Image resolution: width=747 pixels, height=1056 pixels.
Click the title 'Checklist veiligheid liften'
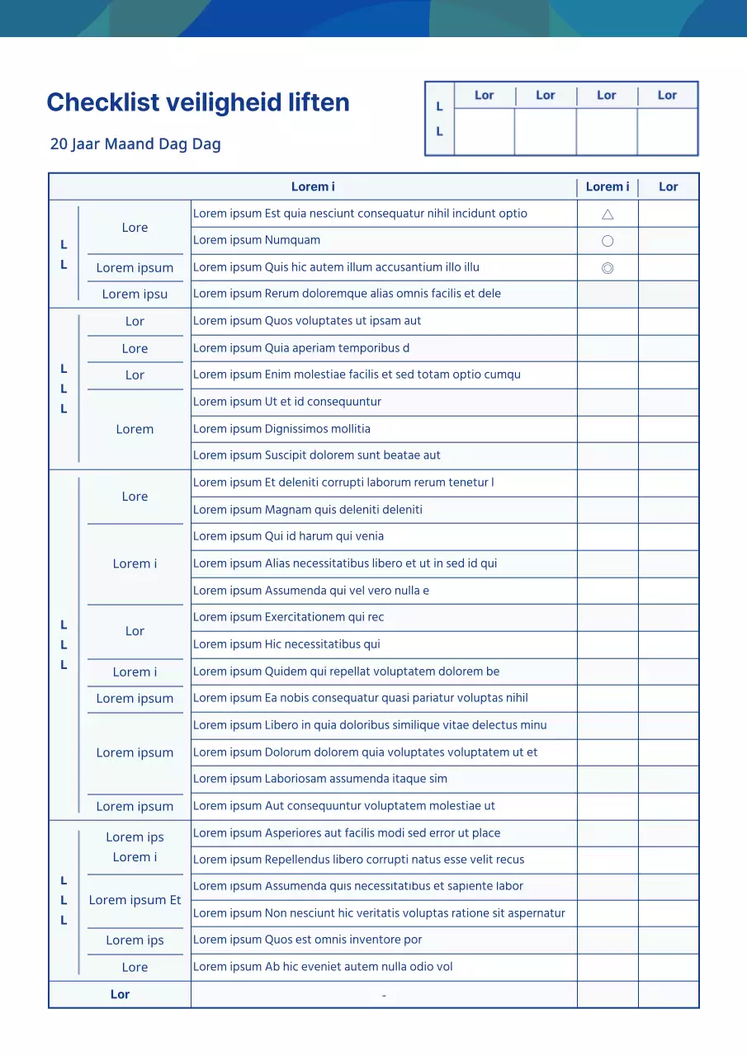(x=198, y=102)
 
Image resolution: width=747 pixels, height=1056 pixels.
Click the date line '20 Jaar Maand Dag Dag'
(x=135, y=144)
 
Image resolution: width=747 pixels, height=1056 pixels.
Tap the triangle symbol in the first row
(x=608, y=214)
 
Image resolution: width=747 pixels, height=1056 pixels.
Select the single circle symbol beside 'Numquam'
(x=608, y=241)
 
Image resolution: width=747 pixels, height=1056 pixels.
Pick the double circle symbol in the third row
(x=608, y=268)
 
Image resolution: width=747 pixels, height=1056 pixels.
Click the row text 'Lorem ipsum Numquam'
(x=257, y=240)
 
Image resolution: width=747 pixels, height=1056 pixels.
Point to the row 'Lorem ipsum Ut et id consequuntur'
(x=287, y=402)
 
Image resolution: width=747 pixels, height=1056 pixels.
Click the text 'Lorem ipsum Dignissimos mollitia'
(x=281, y=429)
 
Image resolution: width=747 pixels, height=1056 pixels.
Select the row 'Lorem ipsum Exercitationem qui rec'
(x=288, y=617)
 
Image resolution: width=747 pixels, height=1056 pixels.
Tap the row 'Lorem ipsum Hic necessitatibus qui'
(x=286, y=644)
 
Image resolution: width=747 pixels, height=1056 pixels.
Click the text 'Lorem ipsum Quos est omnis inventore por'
(x=307, y=940)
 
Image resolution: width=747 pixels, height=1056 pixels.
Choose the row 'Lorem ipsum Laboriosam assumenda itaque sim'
(x=320, y=779)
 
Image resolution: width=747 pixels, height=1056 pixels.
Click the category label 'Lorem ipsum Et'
(x=135, y=900)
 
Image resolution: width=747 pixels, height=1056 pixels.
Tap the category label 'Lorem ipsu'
(x=135, y=295)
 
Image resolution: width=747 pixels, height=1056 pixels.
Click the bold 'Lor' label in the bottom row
(x=120, y=994)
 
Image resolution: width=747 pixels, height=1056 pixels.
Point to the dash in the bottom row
(x=384, y=996)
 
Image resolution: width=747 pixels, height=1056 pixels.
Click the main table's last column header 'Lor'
(x=668, y=187)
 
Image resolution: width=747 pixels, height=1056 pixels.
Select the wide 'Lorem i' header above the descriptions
(x=313, y=187)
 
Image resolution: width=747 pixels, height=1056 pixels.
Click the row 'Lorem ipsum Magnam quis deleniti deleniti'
(x=308, y=510)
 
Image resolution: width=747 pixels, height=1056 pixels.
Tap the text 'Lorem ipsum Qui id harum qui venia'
(x=288, y=536)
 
